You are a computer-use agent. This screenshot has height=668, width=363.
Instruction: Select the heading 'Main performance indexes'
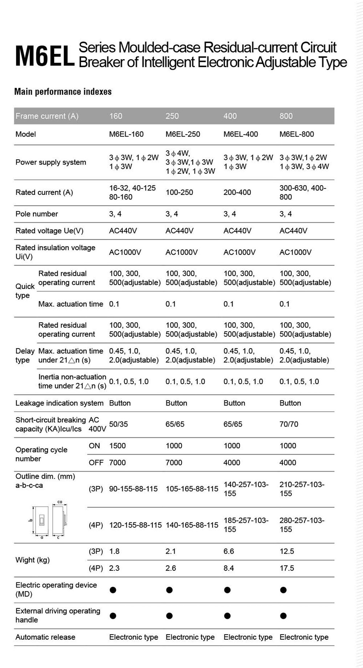tap(63, 91)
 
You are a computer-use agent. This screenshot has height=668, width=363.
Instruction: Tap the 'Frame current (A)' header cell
tap(47, 116)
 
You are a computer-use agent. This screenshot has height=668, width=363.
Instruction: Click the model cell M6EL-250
tap(183, 134)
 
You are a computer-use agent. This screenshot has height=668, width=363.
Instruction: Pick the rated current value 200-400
tap(237, 192)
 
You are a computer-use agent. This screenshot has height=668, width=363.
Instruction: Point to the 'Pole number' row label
tap(37, 214)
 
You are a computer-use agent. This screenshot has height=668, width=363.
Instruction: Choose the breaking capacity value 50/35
tap(118, 424)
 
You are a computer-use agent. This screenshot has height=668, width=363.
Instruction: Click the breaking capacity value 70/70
tap(289, 424)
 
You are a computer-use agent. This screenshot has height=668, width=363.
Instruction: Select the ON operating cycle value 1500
tap(117, 446)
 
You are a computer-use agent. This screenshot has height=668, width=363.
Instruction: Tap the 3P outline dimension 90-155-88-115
tap(133, 489)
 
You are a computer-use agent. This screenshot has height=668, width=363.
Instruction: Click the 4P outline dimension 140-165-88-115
tap(192, 525)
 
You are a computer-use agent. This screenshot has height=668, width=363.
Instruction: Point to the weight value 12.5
tap(286, 551)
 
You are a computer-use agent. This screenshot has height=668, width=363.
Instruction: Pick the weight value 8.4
tap(228, 568)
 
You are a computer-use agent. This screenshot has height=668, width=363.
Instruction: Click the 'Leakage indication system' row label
tap(59, 403)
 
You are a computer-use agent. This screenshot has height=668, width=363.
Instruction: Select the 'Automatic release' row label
tap(45, 637)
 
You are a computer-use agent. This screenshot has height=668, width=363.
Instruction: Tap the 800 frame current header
tap(286, 116)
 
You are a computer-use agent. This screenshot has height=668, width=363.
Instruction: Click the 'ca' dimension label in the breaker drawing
tap(60, 502)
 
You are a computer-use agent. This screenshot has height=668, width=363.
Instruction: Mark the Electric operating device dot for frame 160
tap(113, 590)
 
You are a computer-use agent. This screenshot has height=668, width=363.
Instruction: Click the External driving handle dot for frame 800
tap(284, 616)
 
